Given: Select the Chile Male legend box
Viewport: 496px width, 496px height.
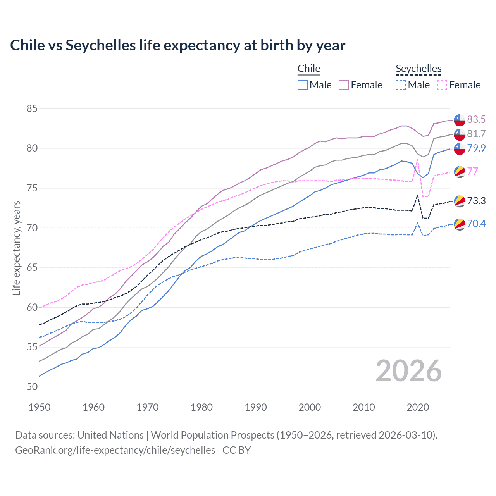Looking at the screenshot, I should pos(303,85).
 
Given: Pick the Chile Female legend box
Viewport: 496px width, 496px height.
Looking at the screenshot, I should pos(344,85).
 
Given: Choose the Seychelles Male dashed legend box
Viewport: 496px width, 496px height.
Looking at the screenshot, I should pos(401,85).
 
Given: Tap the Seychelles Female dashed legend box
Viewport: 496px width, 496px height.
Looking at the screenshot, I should pos(442,85).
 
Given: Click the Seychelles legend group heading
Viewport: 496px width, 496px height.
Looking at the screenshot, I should pos(418,69).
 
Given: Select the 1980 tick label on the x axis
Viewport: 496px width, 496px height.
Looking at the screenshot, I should pos(201,407).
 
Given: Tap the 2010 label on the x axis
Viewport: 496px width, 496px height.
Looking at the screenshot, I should pos(363,407).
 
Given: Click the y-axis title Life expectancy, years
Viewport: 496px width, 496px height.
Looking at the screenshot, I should pos(16,248).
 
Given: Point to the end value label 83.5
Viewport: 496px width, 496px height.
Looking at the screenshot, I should pos(476,119).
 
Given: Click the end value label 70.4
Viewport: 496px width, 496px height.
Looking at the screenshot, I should pos(476,224).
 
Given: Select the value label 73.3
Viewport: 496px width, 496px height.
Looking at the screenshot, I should pos(476,201).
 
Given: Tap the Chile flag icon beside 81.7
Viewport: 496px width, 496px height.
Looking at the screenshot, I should pos(460,134).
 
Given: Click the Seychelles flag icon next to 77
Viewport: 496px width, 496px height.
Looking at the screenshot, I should pos(460,171).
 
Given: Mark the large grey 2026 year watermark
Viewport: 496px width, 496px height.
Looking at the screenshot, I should pos(409,371).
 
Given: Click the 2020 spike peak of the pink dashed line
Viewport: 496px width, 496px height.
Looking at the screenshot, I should pos(417,159).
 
